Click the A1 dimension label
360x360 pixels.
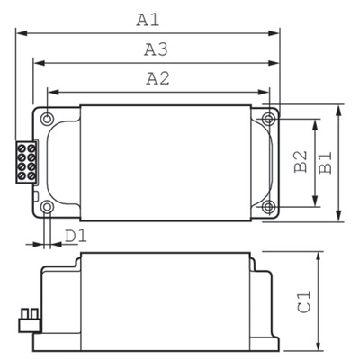point(147,18)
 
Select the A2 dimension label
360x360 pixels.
point(158,77)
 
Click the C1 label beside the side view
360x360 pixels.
point(305,301)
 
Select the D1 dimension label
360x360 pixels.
point(76,236)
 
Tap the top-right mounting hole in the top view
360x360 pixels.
point(268,119)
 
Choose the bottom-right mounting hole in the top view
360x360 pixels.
point(268,208)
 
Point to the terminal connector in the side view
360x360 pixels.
point(27,316)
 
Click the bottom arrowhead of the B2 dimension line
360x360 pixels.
point(314,203)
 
